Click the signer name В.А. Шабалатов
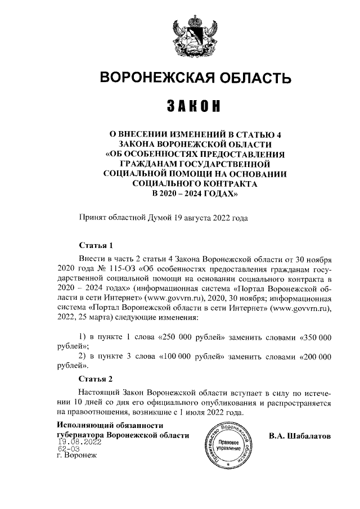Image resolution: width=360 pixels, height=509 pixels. point(300,436)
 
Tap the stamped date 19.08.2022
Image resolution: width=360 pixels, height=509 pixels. point(79,442)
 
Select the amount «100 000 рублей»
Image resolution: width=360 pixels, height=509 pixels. point(194,357)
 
